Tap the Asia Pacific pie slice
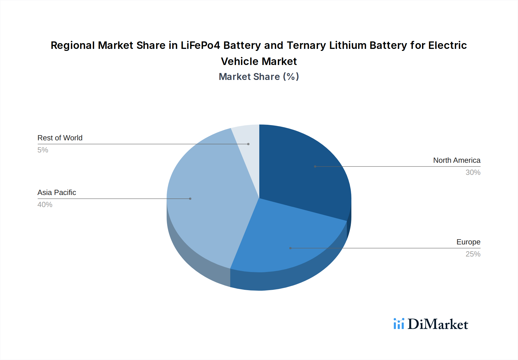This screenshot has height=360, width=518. (210, 201)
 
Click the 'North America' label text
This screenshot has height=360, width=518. (457, 160)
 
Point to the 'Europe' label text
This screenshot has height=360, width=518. (468, 242)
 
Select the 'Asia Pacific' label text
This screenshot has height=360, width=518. (57, 193)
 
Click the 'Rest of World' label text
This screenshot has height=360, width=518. (60, 138)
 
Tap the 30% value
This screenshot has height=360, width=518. (473, 173)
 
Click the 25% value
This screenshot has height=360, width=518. (473, 254)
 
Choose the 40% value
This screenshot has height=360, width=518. (45, 205)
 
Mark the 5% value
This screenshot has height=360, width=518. (43, 150)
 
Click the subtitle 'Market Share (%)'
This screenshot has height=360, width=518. (259, 77)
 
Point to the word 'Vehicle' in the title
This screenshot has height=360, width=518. (239, 62)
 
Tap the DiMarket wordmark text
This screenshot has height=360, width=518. (438, 324)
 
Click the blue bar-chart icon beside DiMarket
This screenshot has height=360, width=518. (399, 324)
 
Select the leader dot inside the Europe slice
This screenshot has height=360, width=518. (290, 248)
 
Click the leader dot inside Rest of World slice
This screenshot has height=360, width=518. (248, 144)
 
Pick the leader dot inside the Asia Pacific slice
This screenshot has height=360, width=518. (190, 199)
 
